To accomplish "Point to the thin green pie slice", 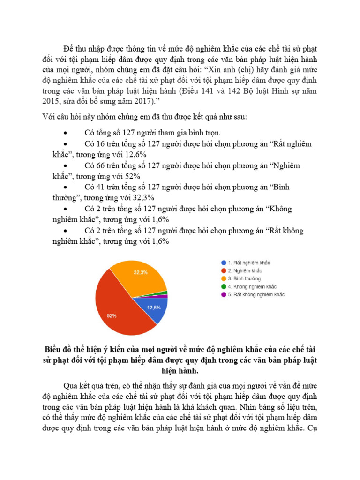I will pyautogui.click(x=164, y=293).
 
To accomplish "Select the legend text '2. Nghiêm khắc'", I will pyautogui.click(x=245, y=270).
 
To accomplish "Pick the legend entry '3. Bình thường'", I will pyautogui.click(x=244, y=278).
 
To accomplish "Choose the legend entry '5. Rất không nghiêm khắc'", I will pyautogui.click(x=256, y=294).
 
